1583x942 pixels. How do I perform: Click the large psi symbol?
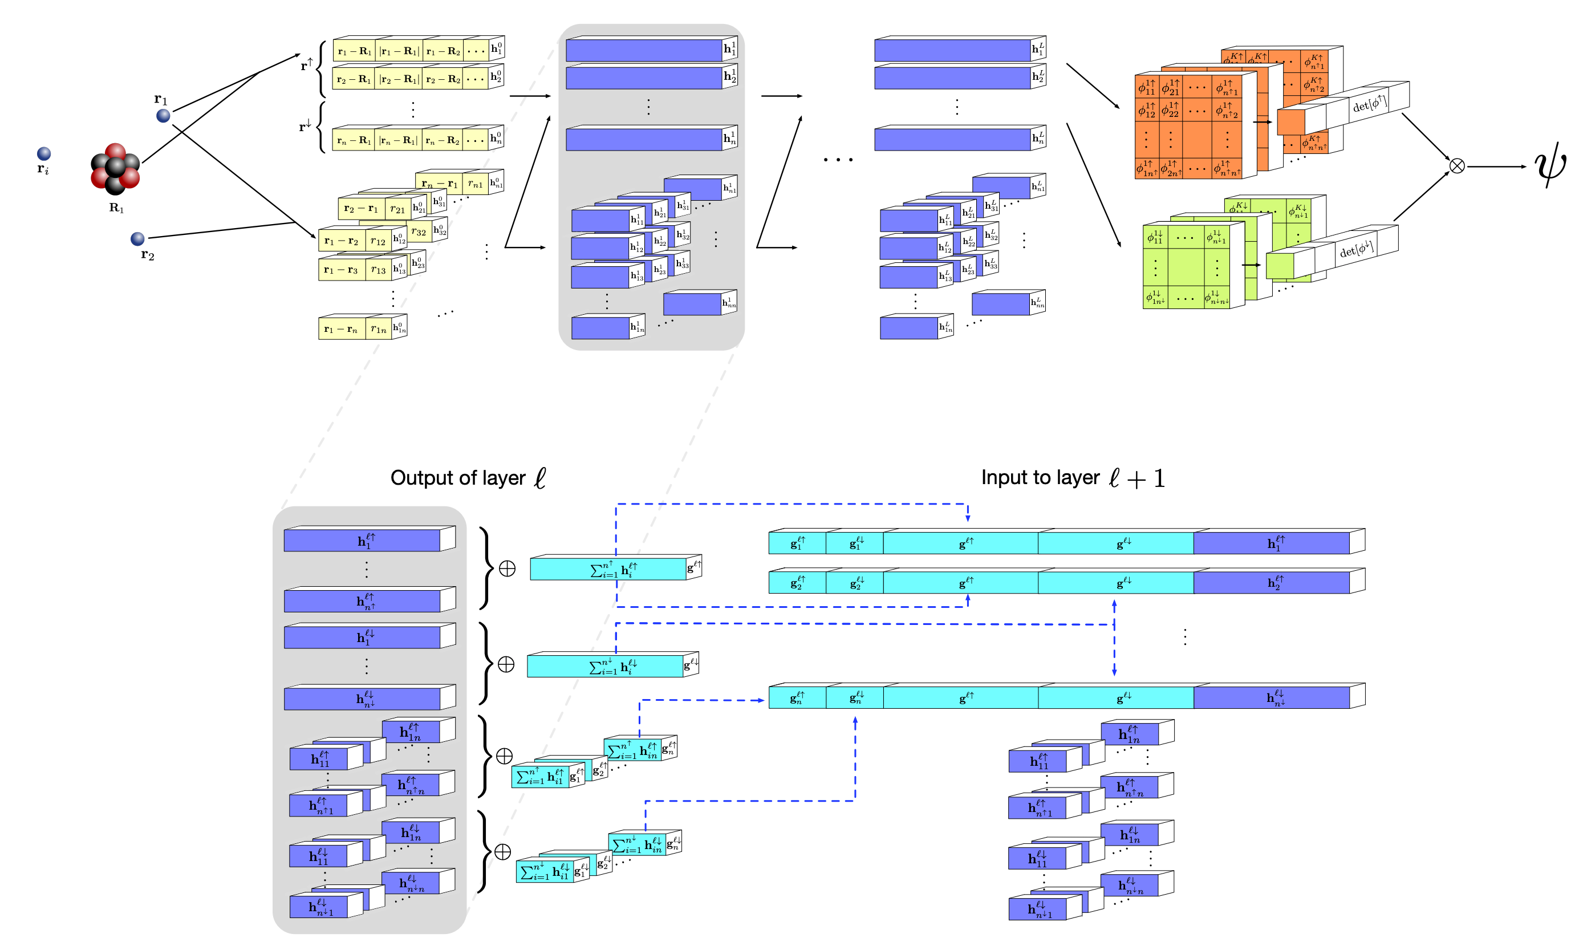coord(1549,167)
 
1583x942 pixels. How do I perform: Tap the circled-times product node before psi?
coord(1456,167)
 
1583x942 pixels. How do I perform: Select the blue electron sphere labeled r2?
coord(137,239)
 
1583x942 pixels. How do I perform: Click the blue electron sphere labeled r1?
coord(163,116)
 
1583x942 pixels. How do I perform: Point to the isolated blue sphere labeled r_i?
coord(44,153)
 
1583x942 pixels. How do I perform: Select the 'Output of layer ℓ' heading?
coord(468,478)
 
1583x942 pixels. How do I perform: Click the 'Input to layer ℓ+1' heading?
coord(1073,478)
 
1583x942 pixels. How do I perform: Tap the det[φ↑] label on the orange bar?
coord(1369,104)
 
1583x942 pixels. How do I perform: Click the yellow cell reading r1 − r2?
coord(342,241)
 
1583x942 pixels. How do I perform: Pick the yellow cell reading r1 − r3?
coord(342,270)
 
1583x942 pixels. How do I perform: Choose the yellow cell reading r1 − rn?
coord(342,329)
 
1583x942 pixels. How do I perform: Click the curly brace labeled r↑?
coord(322,68)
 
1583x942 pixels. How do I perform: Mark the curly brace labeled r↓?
coord(321,128)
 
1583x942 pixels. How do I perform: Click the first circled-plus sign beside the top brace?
coord(507,569)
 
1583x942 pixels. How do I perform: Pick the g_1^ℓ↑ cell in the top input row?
coord(797,543)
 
